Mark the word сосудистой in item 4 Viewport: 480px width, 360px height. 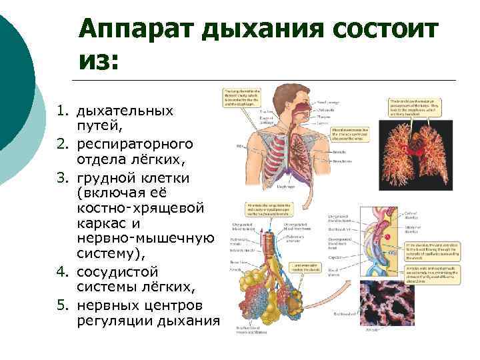click(x=117, y=272)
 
